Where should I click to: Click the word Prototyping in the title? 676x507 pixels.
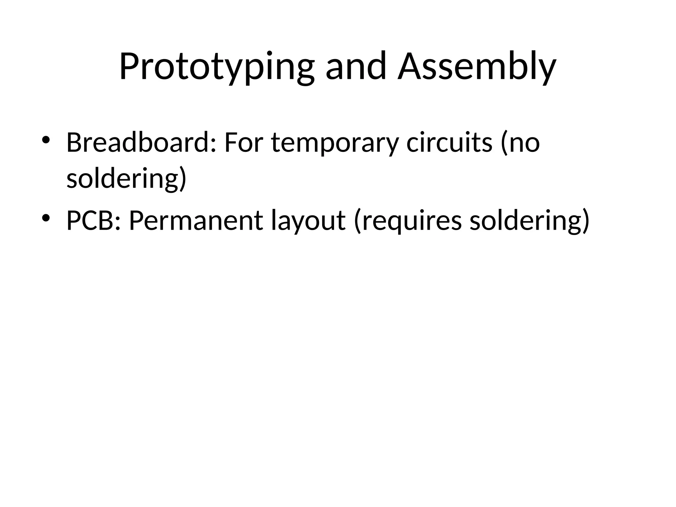(216, 67)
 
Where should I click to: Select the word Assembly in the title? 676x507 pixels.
(477, 67)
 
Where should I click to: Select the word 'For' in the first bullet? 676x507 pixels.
(243, 143)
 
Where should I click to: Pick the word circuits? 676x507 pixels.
(449, 143)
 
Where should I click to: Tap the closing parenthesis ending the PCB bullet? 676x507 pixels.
(585, 220)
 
